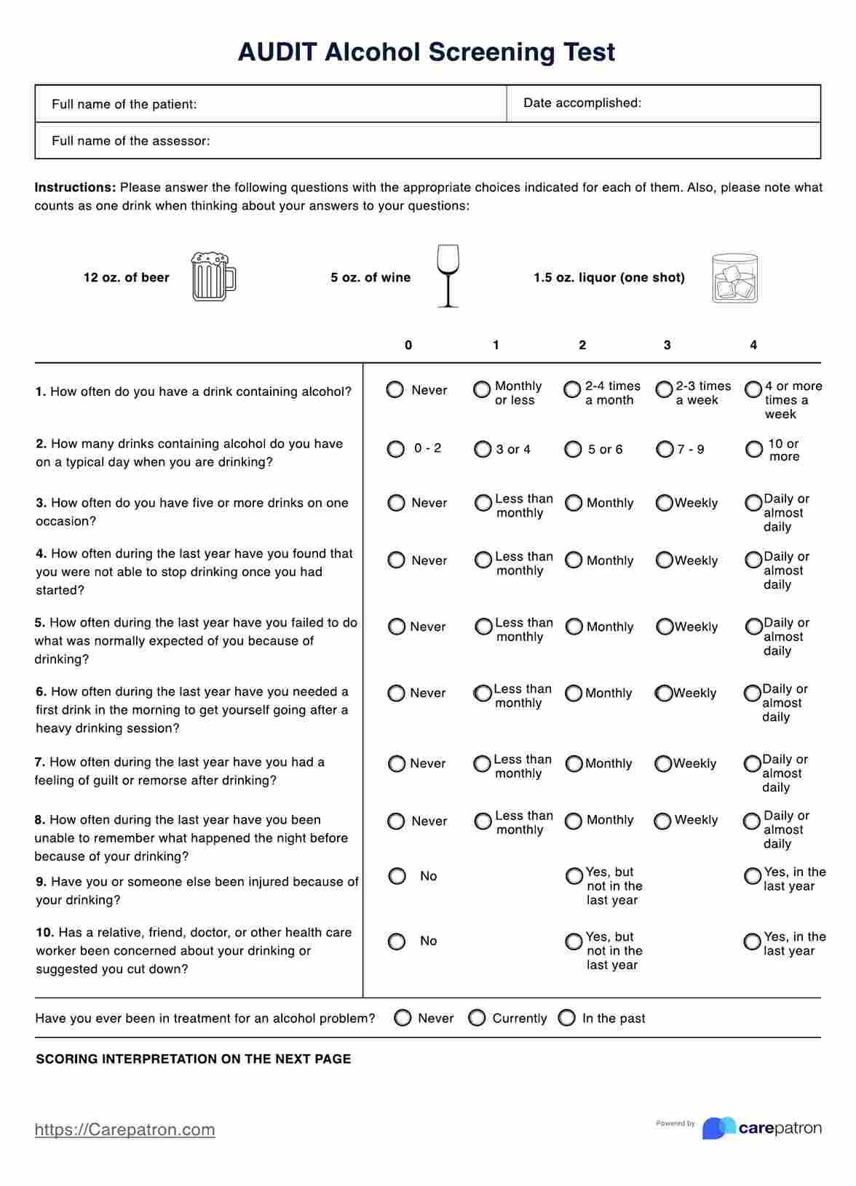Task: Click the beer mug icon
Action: [213, 276]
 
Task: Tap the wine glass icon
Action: [448, 276]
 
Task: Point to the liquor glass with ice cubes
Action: [734, 278]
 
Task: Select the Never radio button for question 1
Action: [395, 390]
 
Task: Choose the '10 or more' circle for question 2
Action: [754, 450]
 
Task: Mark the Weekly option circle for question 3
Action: [664, 503]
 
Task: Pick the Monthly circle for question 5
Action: [574, 626]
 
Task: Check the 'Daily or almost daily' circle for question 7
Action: [753, 764]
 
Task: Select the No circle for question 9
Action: [397, 876]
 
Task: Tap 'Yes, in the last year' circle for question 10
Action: [753, 942]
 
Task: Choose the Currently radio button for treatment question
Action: [477, 1018]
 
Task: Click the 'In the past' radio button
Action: [567, 1018]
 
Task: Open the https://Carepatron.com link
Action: [124, 1129]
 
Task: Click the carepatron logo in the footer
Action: [761, 1128]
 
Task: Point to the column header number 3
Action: [667, 345]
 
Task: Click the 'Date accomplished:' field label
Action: [582, 103]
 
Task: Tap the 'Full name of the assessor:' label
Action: [131, 141]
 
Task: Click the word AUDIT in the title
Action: [277, 52]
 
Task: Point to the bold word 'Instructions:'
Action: [76, 188]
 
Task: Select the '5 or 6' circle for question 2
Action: [574, 450]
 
